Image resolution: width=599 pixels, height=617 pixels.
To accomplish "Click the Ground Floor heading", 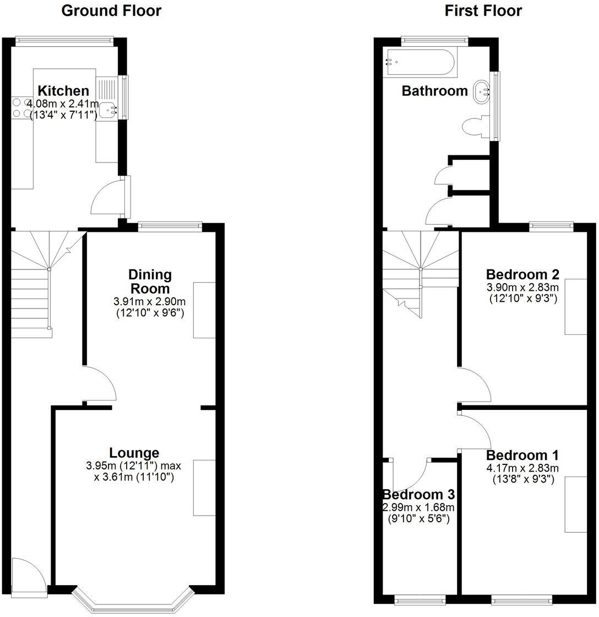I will [111, 10].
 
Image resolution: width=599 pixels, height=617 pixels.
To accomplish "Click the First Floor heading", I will [483, 10].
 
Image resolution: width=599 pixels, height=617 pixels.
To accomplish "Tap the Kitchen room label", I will [63, 91].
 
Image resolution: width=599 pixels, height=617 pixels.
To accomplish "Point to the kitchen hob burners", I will [20, 107].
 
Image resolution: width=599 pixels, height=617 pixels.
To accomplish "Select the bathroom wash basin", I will [482, 89].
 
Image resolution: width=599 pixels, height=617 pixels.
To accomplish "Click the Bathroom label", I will [434, 91].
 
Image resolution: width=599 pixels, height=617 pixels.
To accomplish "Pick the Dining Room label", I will [150, 281].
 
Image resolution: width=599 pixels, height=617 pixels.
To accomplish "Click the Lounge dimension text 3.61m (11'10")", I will [134, 478].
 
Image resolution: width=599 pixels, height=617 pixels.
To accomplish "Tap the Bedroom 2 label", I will [522, 274].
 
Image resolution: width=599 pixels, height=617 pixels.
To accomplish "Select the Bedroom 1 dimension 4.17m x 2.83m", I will [522, 468].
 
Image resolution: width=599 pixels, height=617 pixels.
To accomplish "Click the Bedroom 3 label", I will [418, 494].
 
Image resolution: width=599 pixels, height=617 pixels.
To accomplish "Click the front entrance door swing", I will [28, 576].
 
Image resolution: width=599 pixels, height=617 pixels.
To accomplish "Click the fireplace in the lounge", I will [204, 488].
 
